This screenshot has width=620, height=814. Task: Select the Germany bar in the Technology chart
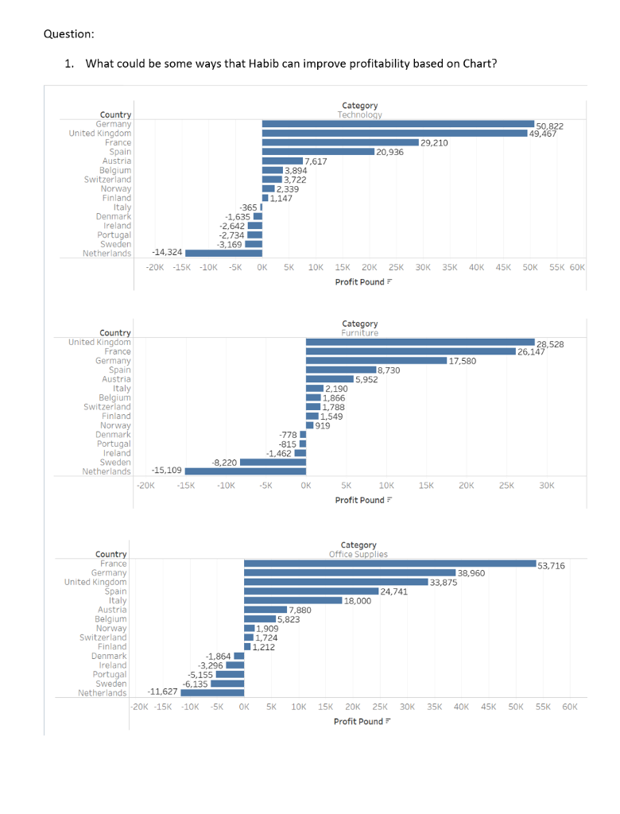point(397,124)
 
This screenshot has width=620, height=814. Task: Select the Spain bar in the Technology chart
point(318,152)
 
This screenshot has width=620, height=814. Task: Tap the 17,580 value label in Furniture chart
point(463,361)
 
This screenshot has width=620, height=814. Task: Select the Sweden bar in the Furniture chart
point(273,462)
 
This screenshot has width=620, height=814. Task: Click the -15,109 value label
point(166,471)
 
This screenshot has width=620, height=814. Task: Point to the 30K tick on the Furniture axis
point(546,485)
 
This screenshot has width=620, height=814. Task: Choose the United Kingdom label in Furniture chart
point(99,343)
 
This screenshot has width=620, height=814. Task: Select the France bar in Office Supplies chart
point(389,564)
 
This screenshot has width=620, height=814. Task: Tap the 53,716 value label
point(552,566)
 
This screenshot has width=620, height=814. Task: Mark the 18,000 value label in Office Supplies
point(358,601)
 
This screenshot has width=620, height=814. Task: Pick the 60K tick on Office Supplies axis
point(570,707)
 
